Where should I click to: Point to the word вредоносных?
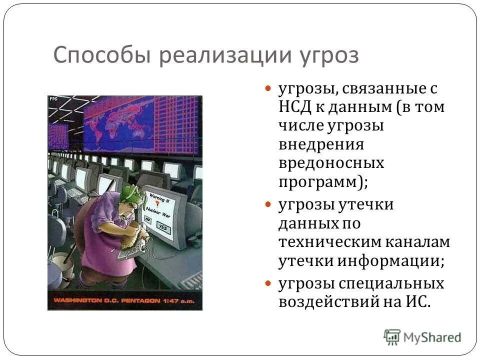[331, 163]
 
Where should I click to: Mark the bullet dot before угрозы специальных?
[268, 283]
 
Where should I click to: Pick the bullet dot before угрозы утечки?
[268, 205]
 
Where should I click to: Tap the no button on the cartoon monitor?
[148, 219]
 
